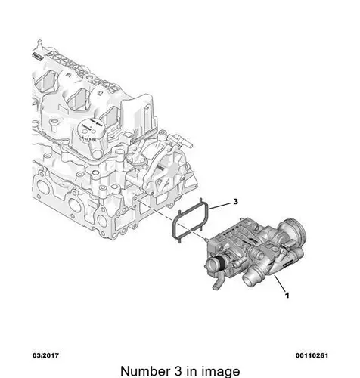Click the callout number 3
coord(235,202)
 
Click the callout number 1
coord(287,295)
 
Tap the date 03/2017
coord(45,355)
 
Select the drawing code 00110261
coord(312,355)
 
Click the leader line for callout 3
coord(220,206)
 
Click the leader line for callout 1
coord(280,283)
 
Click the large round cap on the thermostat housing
coord(293,228)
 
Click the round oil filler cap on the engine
coord(90,129)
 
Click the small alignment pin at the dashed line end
coord(206,239)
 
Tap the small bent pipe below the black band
coord(218,281)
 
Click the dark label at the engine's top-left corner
coord(37,56)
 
